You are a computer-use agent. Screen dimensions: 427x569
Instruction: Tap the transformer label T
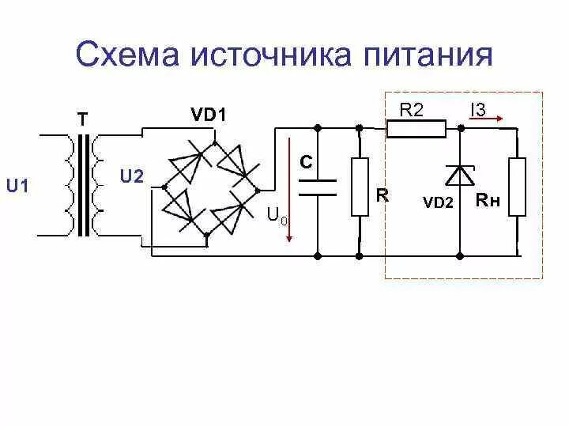point(81,119)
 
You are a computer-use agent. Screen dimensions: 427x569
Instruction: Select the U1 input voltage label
point(17,187)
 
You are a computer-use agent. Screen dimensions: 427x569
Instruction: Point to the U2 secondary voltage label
point(131,176)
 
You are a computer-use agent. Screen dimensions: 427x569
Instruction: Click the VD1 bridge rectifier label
point(209,115)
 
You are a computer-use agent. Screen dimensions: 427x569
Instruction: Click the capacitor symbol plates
point(318,187)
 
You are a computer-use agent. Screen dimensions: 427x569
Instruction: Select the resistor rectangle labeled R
point(360,187)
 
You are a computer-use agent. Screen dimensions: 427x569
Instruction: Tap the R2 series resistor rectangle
point(416,127)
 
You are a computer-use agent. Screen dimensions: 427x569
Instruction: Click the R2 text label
point(411,110)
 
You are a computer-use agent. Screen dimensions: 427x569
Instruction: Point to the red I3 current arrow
point(488,120)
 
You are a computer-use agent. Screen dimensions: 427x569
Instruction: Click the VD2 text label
point(438,202)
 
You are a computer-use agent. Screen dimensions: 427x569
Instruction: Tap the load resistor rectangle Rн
point(518,187)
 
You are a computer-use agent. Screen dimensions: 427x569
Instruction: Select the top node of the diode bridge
point(214,142)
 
